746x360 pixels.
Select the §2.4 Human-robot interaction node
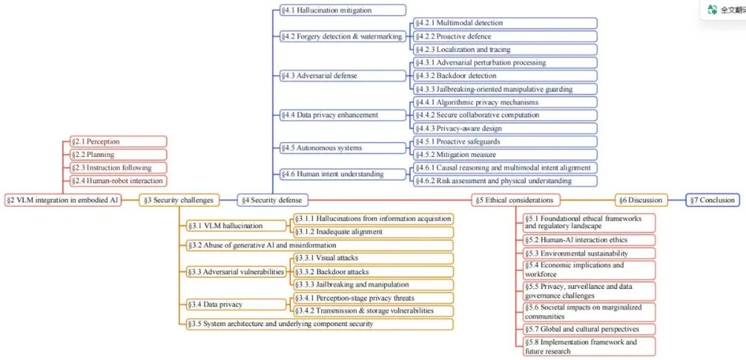click(119, 181)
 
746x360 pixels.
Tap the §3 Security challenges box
click(180, 200)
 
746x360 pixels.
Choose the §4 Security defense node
click(273, 200)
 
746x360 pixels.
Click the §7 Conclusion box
click(713, 200)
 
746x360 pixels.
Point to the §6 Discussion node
click(641, 200)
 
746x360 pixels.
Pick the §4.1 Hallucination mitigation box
click(343, 10)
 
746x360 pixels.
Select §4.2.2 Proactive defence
click(505, 36)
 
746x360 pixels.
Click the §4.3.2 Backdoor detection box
click(505, 76)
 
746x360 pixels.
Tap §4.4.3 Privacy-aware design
click(505, 128)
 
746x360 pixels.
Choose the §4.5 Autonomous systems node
click(343, 148)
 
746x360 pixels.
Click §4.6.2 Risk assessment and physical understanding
click(505, 181)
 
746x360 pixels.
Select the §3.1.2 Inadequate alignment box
click(373, 232)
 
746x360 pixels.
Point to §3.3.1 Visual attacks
click(373, 258)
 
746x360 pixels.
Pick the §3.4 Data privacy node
click(236, 304)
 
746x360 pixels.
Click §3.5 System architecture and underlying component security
click(320, 324)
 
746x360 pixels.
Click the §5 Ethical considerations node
click(516, 200)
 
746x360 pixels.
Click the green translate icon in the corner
click(712, 10)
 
